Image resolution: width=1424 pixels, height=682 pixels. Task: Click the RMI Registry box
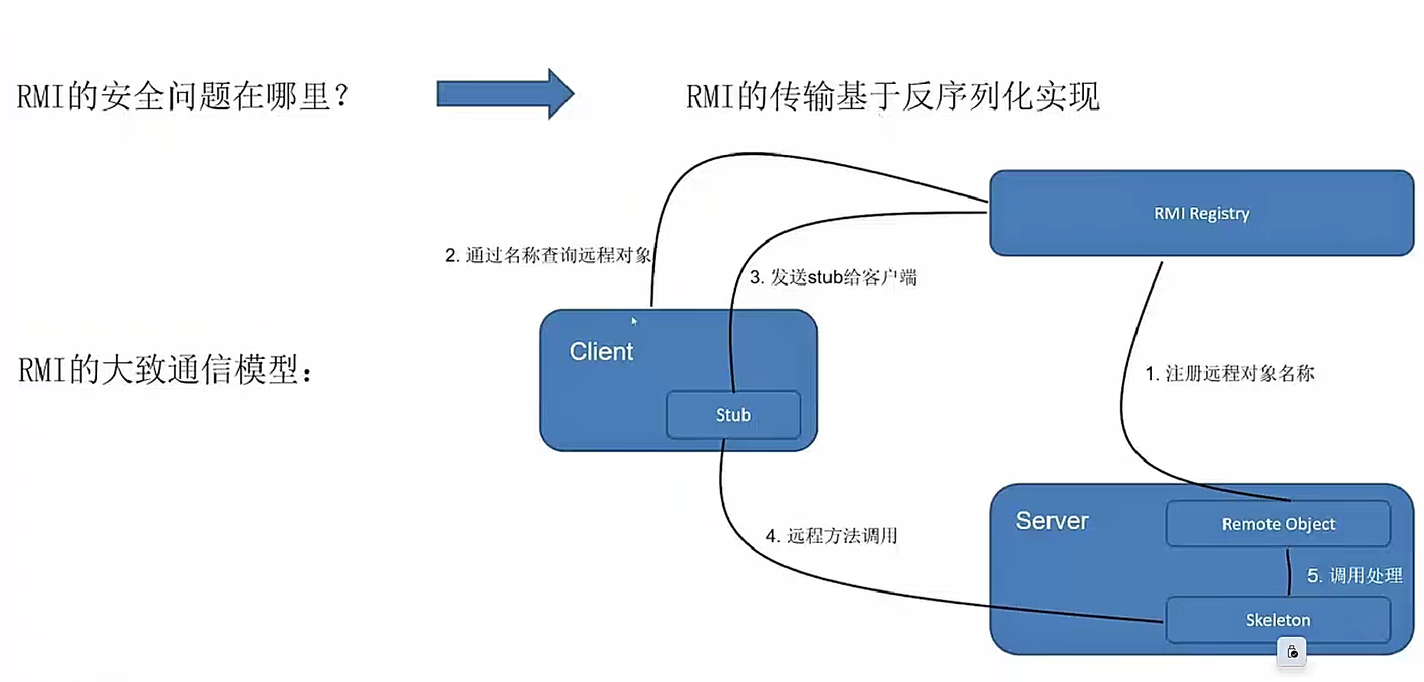(x=1201, y=213)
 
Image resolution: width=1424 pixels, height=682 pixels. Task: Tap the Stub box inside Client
(x=733, y=415)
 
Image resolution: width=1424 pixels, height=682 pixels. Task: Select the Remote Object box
(x=1277, y=524)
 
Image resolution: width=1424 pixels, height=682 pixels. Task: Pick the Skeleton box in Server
(x=1277, y=620)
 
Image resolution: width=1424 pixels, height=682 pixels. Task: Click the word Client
(x=601, y=351)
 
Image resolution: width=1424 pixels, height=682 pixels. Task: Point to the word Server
(x=1051, y=521)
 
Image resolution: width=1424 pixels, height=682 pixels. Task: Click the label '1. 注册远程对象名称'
(x=1229, y=373)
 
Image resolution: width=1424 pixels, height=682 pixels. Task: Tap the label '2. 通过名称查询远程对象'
(x=547, y=255)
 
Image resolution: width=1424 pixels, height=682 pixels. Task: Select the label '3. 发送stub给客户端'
(x=832, y=277)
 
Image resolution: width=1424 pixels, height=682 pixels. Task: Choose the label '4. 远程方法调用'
(x=831, y=536)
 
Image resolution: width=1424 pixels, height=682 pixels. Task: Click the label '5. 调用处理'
(x=1354, y=575)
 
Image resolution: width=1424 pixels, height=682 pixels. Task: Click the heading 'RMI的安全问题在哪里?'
(x=182, y=97)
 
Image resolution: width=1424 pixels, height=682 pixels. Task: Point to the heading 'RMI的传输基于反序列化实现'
(x=892, y=97)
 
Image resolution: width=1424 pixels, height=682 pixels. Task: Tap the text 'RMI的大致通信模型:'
(x=165, y=370)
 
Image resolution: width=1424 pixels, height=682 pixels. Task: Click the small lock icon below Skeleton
(x=1292, y=652)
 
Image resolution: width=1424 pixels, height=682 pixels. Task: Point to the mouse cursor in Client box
(x=634, y=321)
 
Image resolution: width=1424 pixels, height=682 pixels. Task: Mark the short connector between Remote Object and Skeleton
(x=1289, y=572)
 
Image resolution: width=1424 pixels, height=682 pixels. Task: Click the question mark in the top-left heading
(x=341, y=95)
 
